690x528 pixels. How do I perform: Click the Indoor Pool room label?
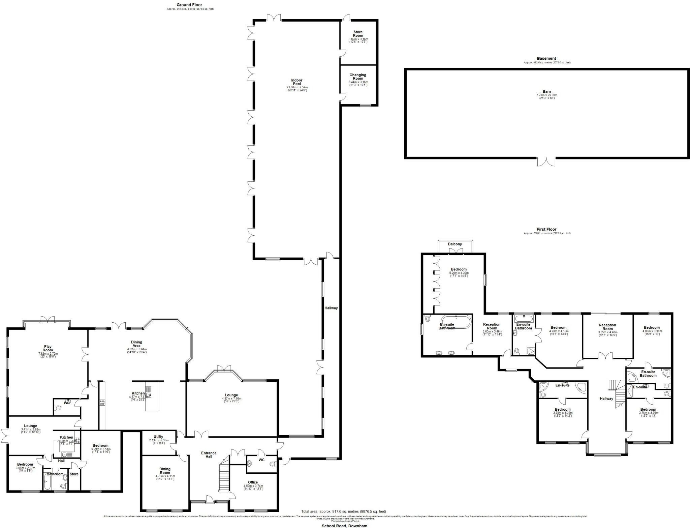296,82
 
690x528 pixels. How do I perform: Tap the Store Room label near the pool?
358,34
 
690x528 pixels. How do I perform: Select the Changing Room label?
358,77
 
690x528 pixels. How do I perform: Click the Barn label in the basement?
546,92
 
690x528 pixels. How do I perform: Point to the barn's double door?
546,162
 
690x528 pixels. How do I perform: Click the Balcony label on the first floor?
455,244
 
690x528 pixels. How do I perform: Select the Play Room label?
48,348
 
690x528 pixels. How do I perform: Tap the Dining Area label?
136,344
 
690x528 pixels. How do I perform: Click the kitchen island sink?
149,391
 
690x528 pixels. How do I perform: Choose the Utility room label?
158,437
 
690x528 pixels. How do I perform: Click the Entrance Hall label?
209,454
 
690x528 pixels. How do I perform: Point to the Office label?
253,482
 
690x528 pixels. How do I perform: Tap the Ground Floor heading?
189,5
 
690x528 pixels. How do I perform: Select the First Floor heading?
546,229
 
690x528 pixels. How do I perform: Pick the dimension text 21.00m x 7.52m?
296,87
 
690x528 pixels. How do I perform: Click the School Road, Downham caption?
344,526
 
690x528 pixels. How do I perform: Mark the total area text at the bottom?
344,511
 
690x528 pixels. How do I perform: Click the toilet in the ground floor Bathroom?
63,486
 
